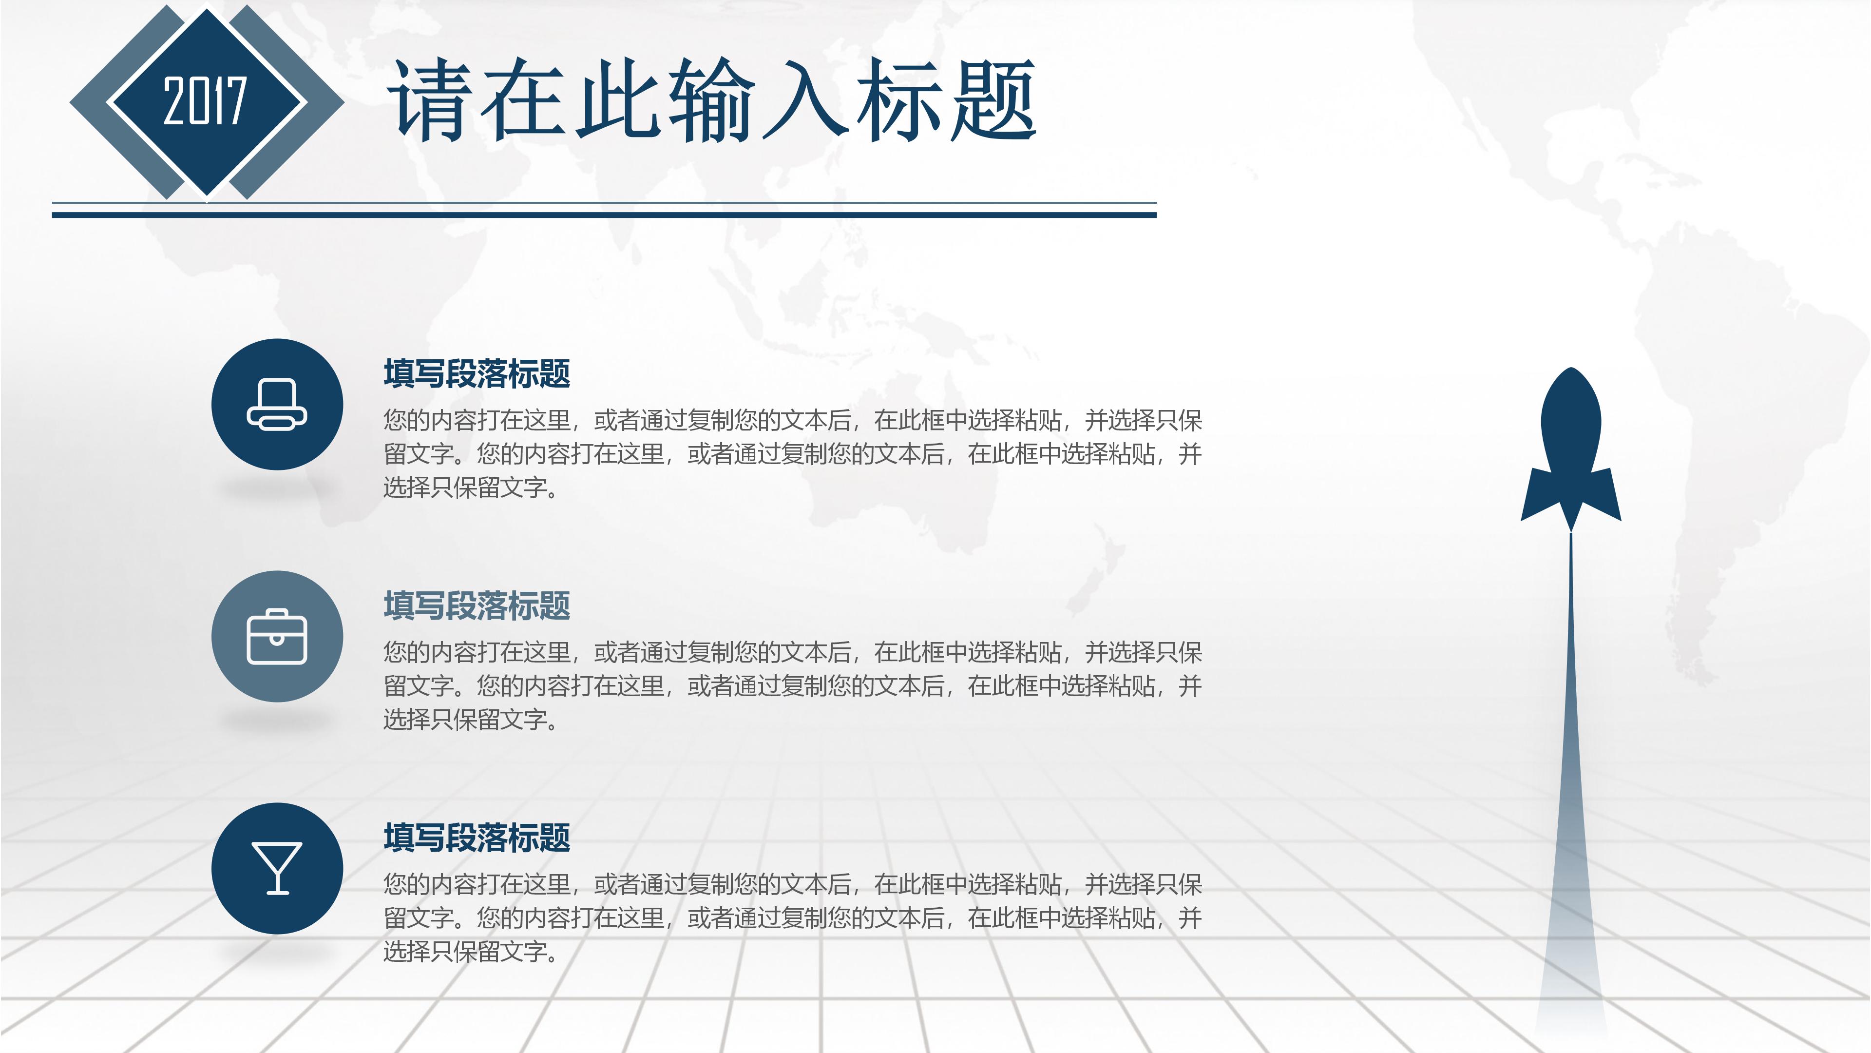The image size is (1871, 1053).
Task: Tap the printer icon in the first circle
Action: pyautogui.click(x=277, y=405)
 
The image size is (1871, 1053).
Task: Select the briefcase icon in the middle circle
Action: pyautogui.click(x=277, y=637)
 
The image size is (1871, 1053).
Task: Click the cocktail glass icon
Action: pyautogui.click(x=277, y=868)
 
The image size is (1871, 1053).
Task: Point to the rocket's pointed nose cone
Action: pyautogui.click(x=1571, y=378)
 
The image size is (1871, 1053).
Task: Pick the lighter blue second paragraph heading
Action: pyautogui.click(x=477, y=606)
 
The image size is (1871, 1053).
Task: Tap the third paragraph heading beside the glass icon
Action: pyautogui.click(x=477, y=838)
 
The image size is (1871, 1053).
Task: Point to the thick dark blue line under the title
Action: pyautogui.click(x=603, y=215)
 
